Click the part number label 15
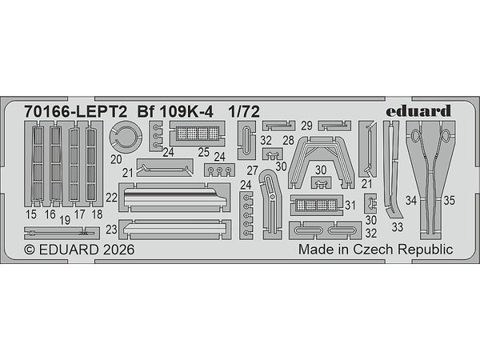[x=31, y=214]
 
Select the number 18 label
[x=97, y=214]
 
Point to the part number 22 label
[x=111, y=198]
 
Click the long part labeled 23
[x=174, y=230]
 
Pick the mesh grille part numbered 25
[x=197, y=134]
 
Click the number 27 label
[x=252, y=171]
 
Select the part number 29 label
[x=306, y=126]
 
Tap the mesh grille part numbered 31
[x=317, y=205]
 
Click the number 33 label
[x=398, y=227]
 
